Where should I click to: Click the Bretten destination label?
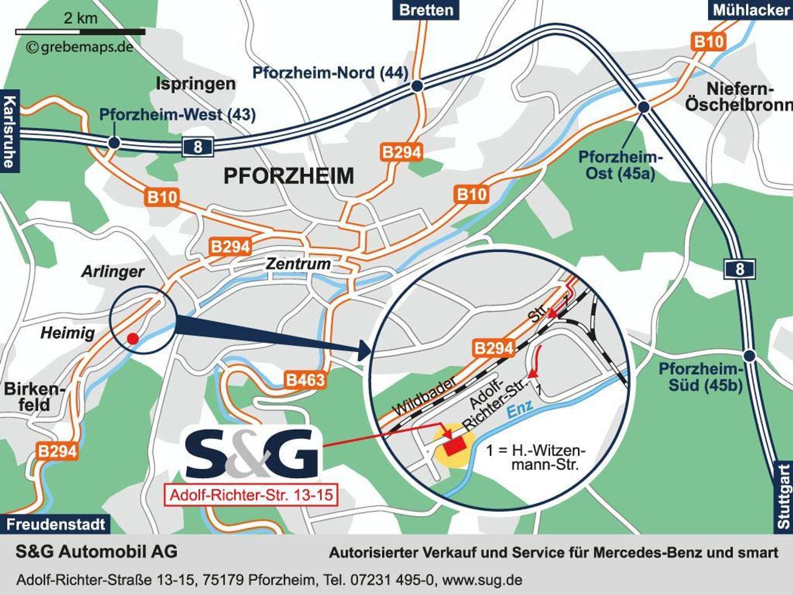pyautogui.click(x=426, y=10)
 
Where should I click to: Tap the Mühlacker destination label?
pyautogui.click(x=751, y=10)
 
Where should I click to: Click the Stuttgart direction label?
pyautogui.click(x=783, y=496)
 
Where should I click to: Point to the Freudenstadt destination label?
pyautogui.click(x=55, y=524)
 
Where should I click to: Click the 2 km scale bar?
pyautogui.click(x=80, y=32)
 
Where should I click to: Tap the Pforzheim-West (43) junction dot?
pyautogui.click(x=114, y=143)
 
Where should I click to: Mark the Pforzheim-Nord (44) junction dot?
pyautogui.click(x=417, y=86)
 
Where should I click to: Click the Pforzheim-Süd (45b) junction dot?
pyautogui.click(x=749, y=355)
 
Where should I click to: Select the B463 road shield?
pyautogui.click(x=305, y=380)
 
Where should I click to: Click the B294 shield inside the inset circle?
pyautogui.click(x=493, y=348)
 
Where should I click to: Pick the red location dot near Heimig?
pyautogui.click(x=133, y=338)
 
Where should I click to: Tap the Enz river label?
pyautogui.click(x=520, y=408)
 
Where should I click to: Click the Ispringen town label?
pyautogui.click(x=195, y=84)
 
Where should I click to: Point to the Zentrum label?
pyautogui.click(x=298, y=264)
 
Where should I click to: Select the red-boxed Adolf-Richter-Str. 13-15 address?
pyautogui.click(x=251, y=495)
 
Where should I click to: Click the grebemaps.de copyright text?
pyautogui.click(x=80, y=47)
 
